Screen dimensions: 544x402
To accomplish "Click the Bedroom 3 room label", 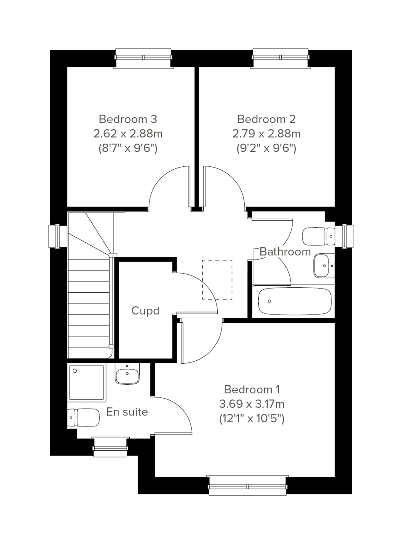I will [128, 119].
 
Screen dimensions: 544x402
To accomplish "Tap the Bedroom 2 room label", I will [266, 119].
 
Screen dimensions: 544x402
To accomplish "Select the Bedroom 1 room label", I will [252, 390].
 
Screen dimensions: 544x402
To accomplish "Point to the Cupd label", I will [145, 311].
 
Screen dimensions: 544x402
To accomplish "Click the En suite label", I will [127, 412].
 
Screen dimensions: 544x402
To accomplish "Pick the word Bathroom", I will [285, 252].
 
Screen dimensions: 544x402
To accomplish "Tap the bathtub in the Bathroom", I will [295, 301].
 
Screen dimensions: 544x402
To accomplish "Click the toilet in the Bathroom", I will [318, 236].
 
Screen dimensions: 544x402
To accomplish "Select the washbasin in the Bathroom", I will [324, 265].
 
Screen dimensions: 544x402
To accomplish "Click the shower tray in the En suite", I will [87, 383].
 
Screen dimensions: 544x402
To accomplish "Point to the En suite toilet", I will [84, 418].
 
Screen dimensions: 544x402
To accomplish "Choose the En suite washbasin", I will [127, 374].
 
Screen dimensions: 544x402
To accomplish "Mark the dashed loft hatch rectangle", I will [217, 280].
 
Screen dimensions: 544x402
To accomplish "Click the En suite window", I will [111, 447].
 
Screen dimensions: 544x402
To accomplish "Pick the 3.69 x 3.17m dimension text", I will [252, 404].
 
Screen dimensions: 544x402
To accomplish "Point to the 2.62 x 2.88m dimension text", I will [128, 134].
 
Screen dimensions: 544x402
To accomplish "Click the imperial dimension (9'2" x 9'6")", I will [266, 148].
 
